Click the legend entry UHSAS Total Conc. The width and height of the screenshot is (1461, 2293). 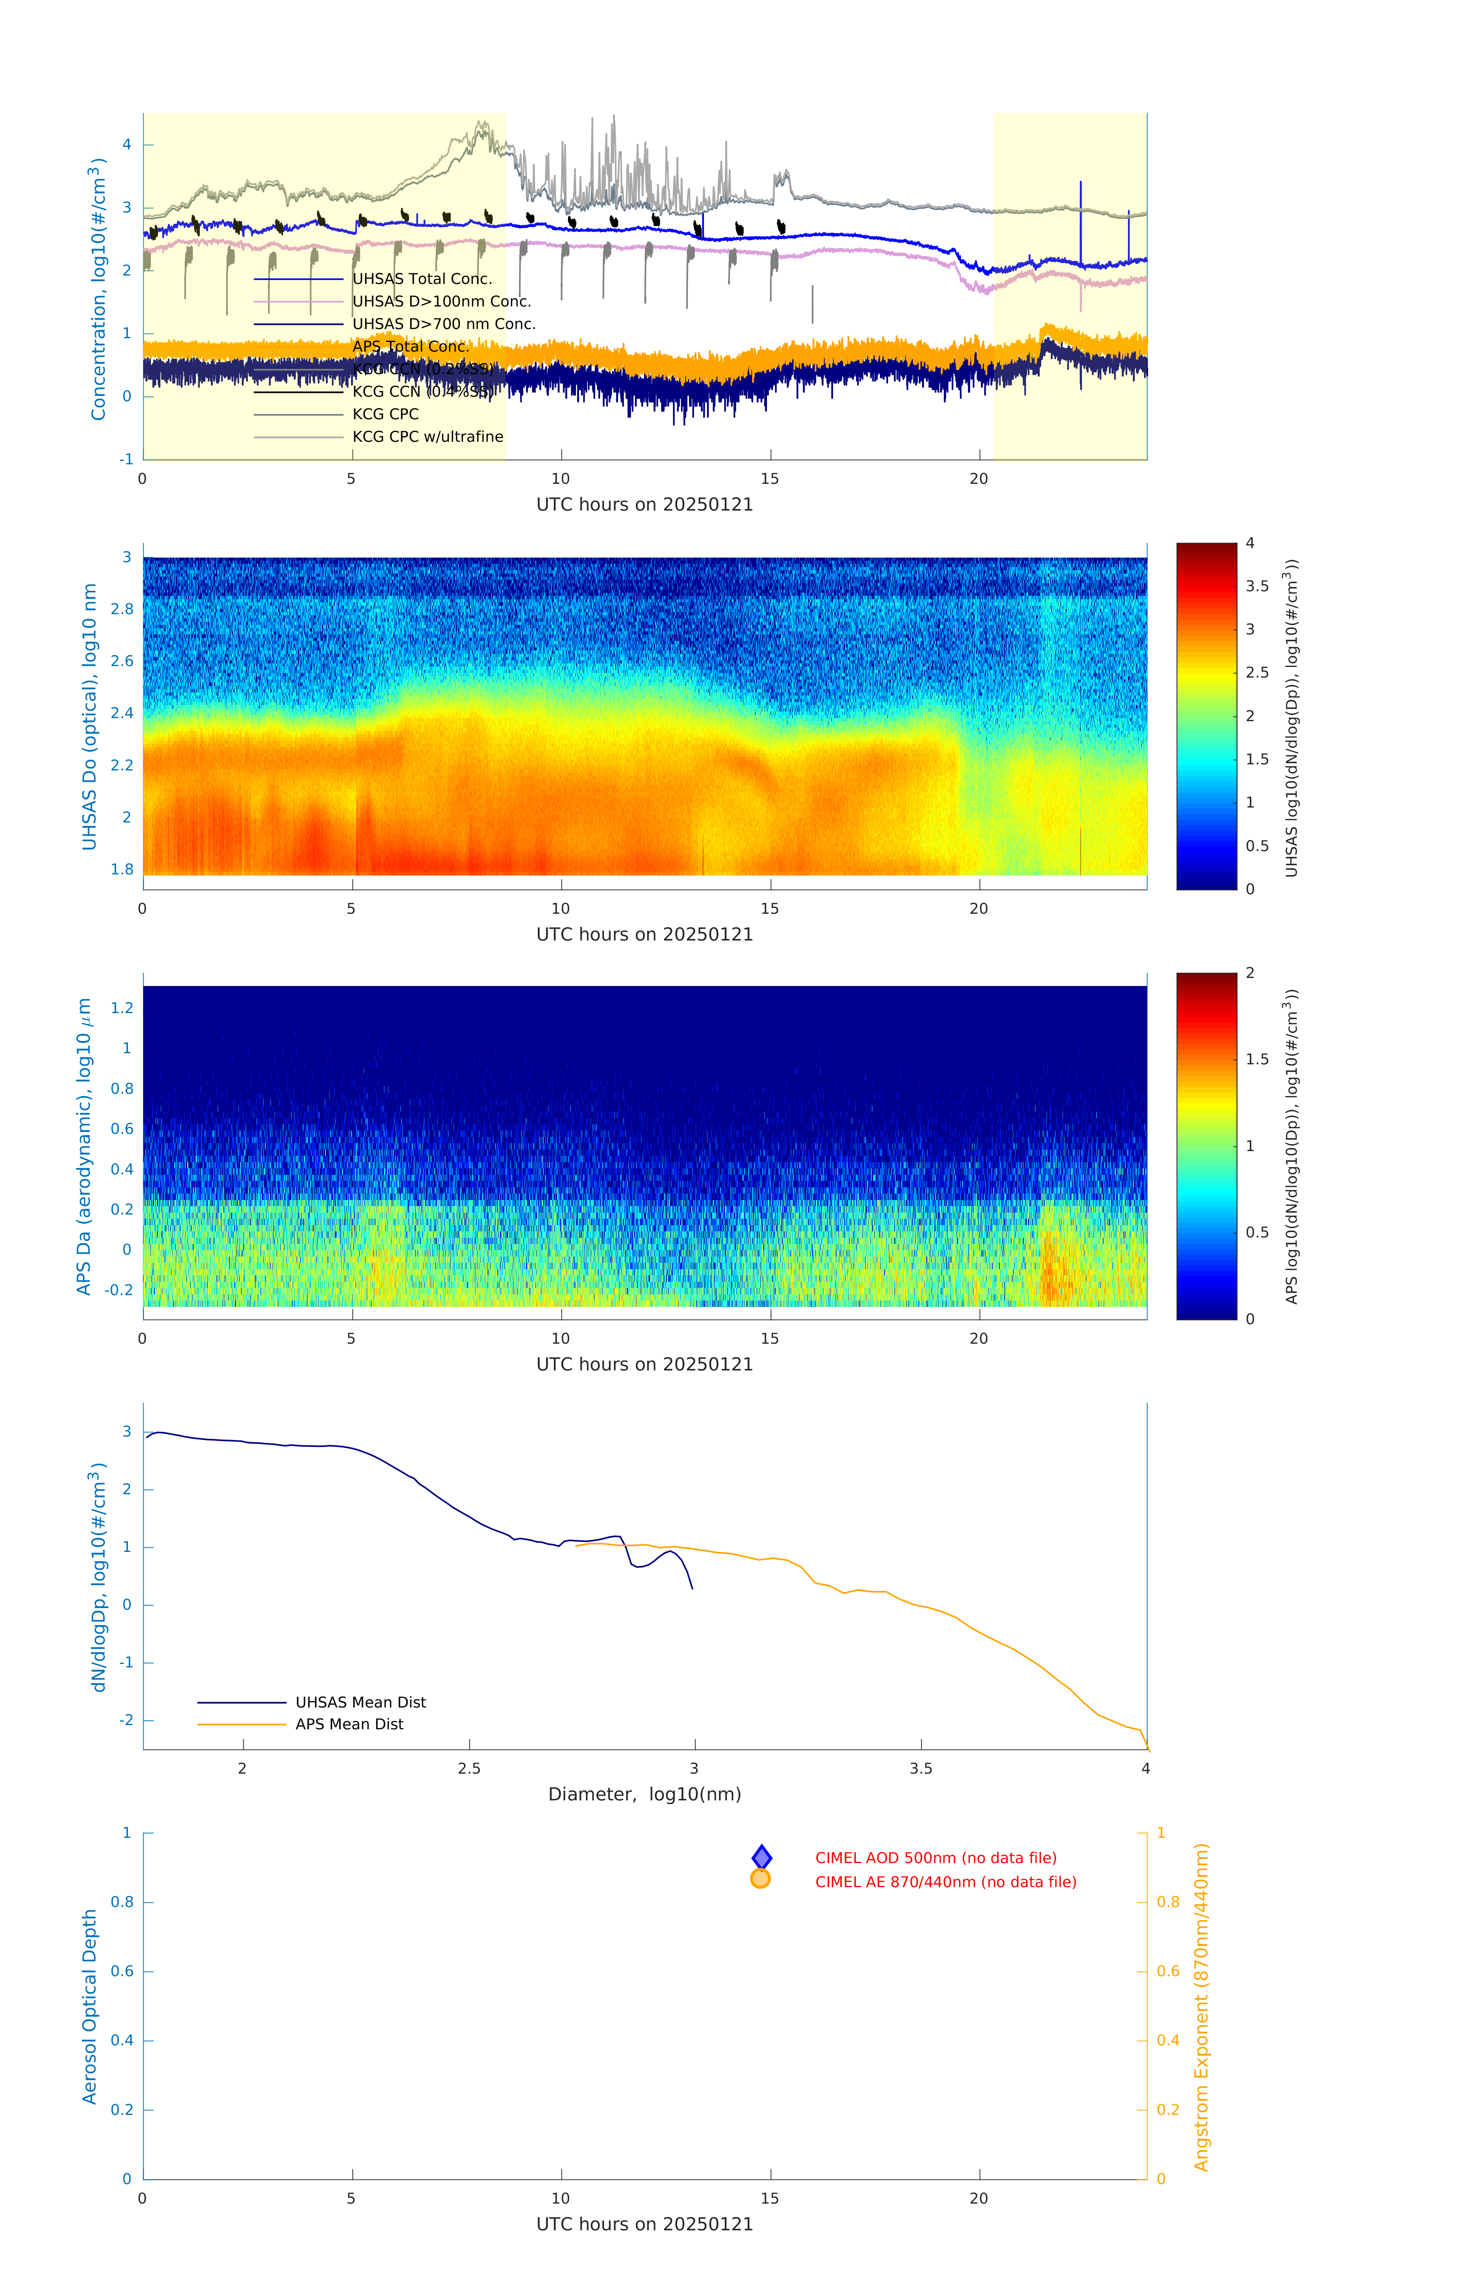422,279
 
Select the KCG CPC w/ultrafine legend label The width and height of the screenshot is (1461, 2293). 427,437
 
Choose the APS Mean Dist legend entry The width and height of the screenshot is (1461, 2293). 349,1724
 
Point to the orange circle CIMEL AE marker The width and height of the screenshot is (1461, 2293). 760,1879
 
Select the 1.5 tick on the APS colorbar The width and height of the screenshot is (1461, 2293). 1256,1059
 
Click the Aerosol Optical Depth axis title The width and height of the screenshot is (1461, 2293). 89,2006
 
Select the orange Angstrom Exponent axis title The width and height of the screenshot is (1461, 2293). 1201,2006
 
